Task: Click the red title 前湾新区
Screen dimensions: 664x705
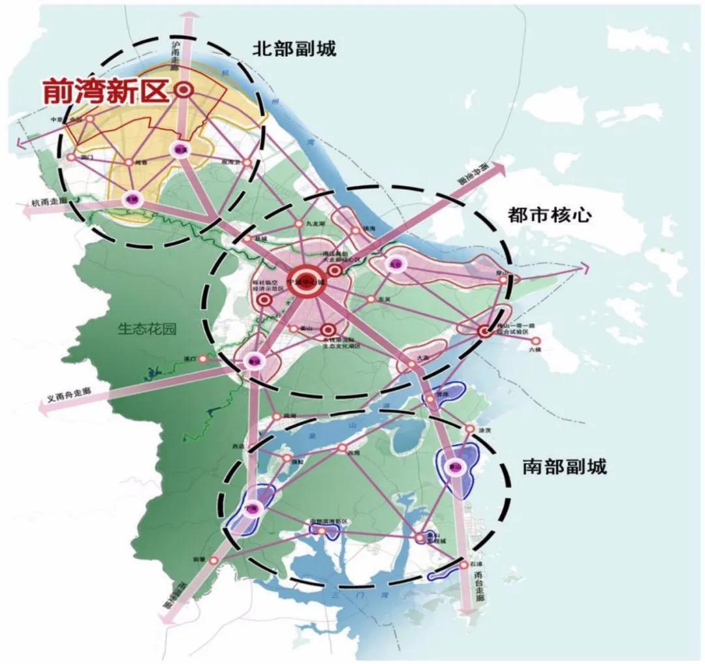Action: coord(105,92)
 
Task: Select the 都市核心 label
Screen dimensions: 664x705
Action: coord(549,215)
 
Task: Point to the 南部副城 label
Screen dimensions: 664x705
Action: coord(564,467)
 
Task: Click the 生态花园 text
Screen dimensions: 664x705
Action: coord(147,329)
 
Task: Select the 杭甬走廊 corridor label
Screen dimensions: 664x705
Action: coord(50,203)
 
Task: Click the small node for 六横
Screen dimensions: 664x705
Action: coord(536,340)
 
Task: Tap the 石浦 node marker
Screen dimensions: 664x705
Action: coord(463,564)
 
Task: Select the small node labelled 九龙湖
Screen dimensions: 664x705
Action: coord(299,224)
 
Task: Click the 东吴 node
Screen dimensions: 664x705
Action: coord(371,299)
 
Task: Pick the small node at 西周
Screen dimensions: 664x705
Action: coord(341,448)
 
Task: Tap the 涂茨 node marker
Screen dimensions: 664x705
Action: coord(469,429)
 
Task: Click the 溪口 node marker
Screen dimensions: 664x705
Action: coord(203,358)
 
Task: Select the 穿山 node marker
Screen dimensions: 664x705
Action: coord(503,279)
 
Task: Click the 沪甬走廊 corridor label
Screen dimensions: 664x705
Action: coord(175,55)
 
